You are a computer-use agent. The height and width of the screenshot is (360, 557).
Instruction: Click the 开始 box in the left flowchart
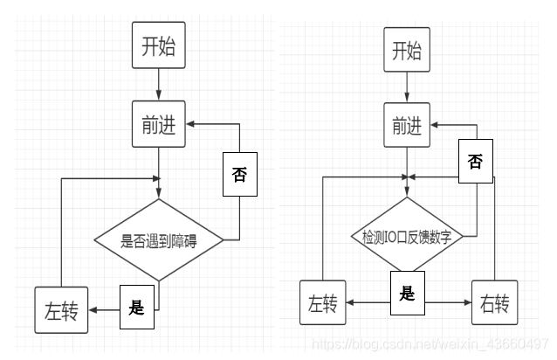158,45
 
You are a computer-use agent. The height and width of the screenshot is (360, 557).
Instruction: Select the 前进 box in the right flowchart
407,126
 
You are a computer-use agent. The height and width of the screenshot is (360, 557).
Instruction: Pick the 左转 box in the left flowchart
61,310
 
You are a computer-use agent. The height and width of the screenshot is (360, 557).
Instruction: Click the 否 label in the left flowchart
239,173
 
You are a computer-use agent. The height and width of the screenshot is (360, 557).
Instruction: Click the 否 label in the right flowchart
474,162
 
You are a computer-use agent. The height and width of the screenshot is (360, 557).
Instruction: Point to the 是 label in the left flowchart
135,307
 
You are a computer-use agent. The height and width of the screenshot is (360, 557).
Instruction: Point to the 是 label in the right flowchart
407,293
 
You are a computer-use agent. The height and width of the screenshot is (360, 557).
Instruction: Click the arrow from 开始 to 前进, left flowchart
158,85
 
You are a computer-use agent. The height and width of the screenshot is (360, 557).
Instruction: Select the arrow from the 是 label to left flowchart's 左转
104,308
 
